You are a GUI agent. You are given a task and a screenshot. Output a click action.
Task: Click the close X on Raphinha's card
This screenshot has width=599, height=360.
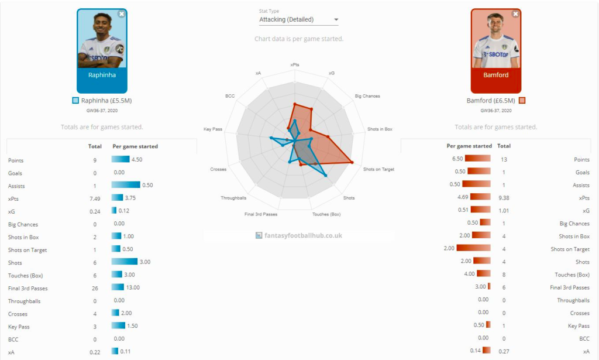[x=121, y=13]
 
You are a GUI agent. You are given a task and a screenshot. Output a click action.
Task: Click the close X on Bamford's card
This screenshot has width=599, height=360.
[x=515, y=13]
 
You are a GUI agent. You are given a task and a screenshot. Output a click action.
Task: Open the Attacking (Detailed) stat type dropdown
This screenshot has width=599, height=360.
[x=298, y=20]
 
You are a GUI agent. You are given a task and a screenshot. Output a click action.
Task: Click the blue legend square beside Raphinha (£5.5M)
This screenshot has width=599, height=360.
[x=75, y=101]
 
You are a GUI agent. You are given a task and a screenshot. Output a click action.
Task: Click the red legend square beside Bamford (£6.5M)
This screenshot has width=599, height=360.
[x=522, y=101]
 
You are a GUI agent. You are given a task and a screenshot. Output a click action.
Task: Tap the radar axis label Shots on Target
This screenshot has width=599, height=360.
[x=378, y=169]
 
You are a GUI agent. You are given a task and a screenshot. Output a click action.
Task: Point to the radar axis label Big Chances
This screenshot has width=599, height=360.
[x=367, y=96]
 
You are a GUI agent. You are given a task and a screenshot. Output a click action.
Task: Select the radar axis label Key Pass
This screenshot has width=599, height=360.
[x=212, y=129]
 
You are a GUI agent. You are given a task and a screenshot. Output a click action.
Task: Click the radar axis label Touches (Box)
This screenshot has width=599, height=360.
[x=326, y=214]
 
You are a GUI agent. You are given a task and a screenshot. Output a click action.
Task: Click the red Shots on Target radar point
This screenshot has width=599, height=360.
[x=352, y=162]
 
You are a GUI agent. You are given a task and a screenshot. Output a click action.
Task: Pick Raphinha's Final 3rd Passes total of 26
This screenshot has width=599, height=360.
[x=95, y=289]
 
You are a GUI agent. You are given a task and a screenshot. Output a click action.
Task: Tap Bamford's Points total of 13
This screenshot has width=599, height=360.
[x=504, y=159]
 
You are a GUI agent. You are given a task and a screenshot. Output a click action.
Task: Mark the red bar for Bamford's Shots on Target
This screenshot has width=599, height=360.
[x=474, y=249]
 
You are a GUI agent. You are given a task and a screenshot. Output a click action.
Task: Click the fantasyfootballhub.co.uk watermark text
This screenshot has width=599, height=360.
[x=302, y=235]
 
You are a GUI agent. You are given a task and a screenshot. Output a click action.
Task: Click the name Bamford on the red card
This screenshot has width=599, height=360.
[x=495, y=75]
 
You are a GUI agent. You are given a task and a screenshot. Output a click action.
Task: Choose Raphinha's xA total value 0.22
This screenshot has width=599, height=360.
[x=95, y=352]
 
